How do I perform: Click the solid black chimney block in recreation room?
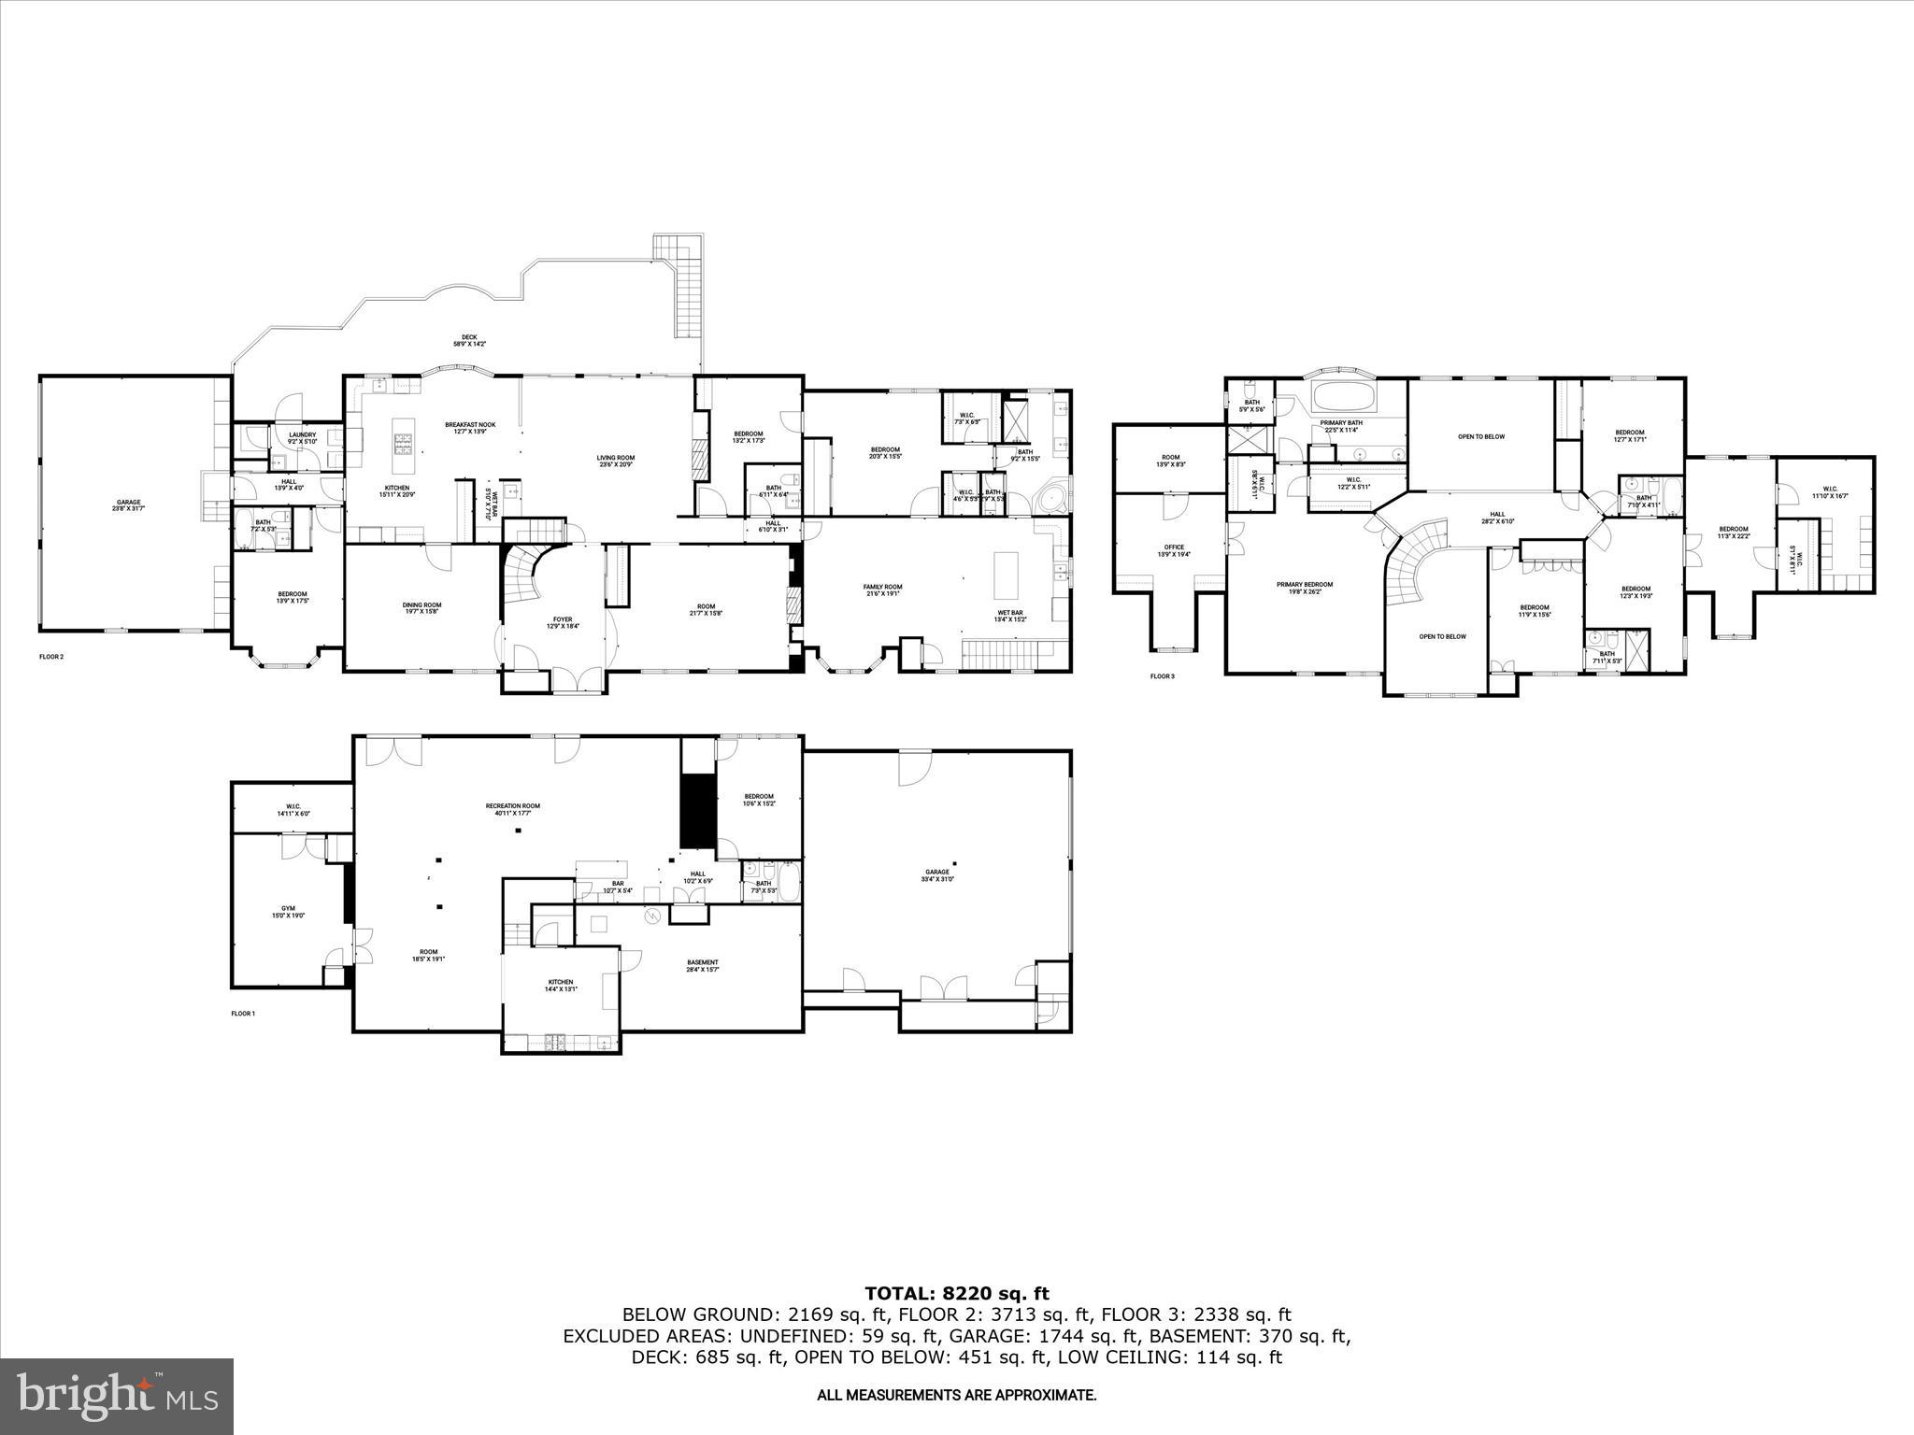click(x=696, y=808)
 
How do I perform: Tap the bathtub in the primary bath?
click(x=1343, y=397)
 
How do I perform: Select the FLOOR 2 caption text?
click(x=51, y=657)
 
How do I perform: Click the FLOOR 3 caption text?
click(x=1162, y=676)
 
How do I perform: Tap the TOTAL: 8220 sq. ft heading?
click(x=956, y=1294)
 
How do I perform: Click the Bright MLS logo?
click(x=117, y=1396)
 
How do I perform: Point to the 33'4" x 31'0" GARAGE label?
click(x=936, y=875)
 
